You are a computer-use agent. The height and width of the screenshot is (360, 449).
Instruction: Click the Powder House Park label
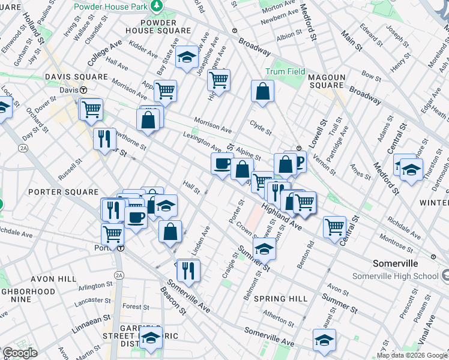coord(110,7)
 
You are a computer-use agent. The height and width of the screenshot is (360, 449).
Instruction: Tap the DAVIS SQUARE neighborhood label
coord(76,77)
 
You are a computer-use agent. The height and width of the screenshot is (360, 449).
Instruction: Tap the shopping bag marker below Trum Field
coord(262,92)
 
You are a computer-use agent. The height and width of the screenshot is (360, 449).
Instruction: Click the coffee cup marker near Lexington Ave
coord(222,163)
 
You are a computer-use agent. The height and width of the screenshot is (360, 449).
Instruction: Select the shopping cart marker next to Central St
coord(334,227)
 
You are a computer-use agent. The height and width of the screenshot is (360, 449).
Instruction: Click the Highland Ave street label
coord(282,216)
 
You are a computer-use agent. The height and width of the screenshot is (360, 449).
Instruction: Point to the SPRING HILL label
coord(280,299)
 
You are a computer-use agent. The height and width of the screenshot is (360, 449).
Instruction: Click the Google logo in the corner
coord(20,353)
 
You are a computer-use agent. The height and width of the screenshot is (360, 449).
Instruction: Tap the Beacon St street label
coord(173,301)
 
